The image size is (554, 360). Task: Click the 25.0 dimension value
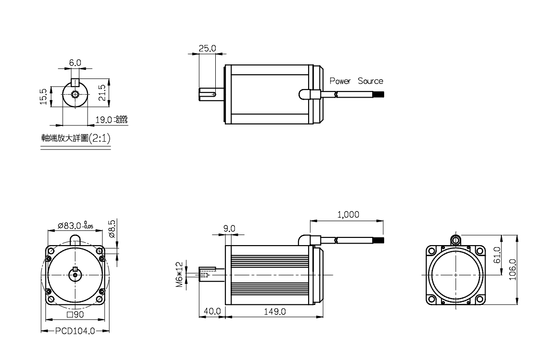[208, 48]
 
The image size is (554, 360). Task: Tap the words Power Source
[356, 81]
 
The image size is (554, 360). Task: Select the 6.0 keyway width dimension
[75, 63]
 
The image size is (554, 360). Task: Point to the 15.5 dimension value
[44, 96]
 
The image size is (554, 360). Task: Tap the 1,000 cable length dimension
[348, 214]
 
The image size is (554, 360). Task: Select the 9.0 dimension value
[230, 228]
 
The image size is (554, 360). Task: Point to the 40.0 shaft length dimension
[212, 311]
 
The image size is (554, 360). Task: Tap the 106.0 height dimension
[513, 270]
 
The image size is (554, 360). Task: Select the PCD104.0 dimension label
[75, 331]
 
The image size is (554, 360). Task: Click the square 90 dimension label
[75, 315]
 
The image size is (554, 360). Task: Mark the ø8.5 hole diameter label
[112, 229]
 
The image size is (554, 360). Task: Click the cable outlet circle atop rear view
[456, 239]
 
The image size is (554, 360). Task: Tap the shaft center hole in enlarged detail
[75, 93]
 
